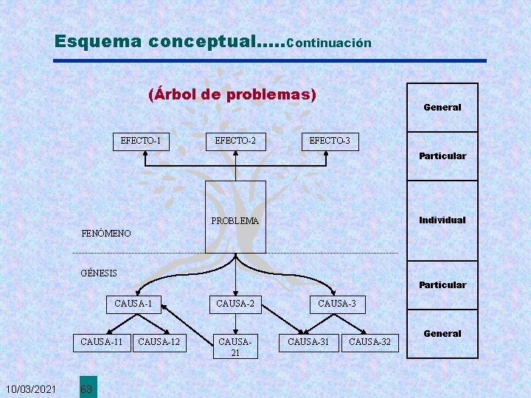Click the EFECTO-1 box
[x=141, y=140]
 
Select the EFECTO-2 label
[x=236, y=140]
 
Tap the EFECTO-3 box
[x=330, y=140]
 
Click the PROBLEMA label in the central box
[x=235, y=220]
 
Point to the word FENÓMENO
[x=105, y=234]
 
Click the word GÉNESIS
[x=99, y=273]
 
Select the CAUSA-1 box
[x=133, y=303]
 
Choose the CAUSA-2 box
[x=235, y=303]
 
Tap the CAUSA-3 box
[x=336, y=303]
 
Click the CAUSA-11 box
[x=102, y=342]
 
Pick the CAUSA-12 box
[x=159, y=342]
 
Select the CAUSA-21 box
[x=235, y=346]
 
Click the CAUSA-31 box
[x=308, y=342]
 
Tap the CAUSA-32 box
[x=369, y=342]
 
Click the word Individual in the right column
[x=442, y=220]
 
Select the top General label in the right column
[x=442, y=108]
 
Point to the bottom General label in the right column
[x=442, y=333]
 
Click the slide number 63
[x=86, y=388]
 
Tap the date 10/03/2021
[x=31, y=388]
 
